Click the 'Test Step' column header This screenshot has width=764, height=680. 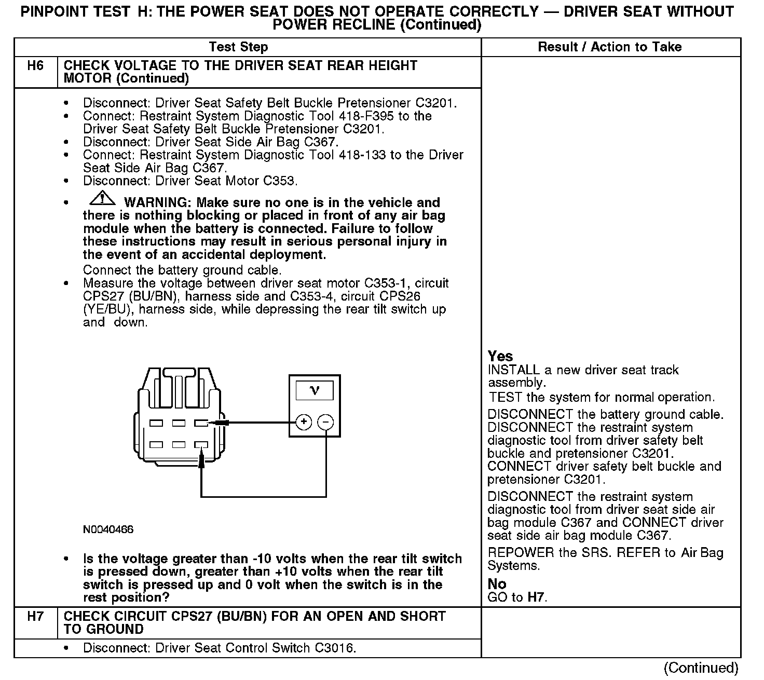click(238, 47)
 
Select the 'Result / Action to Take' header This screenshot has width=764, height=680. click(609, 47)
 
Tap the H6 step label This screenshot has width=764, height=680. click(35, 66)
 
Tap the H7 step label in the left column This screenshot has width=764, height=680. click(35, 617)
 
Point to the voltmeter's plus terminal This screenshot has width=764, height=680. click(304, 423)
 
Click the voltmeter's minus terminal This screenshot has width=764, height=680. click(325, 423)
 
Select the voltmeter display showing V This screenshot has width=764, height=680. click(315, 390)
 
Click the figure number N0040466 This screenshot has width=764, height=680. click(108, 529)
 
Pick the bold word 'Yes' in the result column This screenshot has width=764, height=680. click(500, 356)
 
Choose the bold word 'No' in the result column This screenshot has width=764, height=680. click(497, 584)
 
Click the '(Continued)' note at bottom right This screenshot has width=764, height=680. click(701, 668)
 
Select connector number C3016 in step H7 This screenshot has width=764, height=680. click(334, 648)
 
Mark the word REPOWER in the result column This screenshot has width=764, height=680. click(521, 553)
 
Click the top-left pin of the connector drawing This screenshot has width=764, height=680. click(156, 423)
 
